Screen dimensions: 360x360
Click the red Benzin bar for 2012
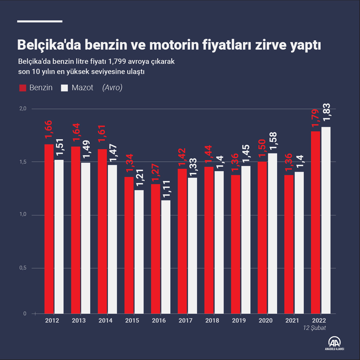(x=49, y=228)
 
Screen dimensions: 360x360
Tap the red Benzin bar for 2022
(x=316, y=222)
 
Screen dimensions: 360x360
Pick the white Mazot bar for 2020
(x=273, y=233)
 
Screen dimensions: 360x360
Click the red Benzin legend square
(x=23, y=88)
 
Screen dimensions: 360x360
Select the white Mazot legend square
(x=64, y=88)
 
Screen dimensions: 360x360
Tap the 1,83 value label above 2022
(x=326, y=112)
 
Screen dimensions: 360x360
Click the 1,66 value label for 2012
(x=49, y=130)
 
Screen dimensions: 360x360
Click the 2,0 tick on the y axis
(x=22, y=109)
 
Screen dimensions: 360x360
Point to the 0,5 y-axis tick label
(x=22, y=268)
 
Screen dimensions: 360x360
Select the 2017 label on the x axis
(x=185, y=321)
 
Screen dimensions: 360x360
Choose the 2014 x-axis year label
(x=105, y=321)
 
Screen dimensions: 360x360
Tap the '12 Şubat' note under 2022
(x=315, y=328)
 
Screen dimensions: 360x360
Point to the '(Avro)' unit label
(x=112, y=88)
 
